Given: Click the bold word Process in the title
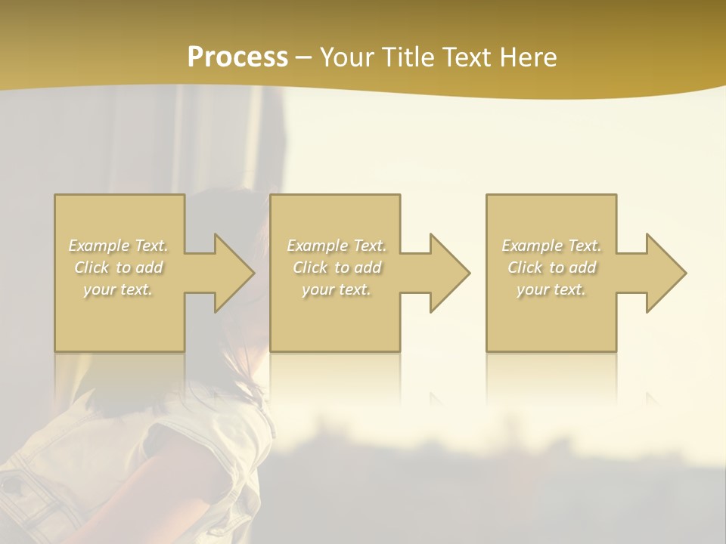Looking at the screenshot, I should pos(237,57).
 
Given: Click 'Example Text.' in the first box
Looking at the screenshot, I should pos(119,246).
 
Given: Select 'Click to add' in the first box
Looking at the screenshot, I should pos(119,267).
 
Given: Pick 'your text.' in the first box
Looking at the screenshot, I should pos(119,289).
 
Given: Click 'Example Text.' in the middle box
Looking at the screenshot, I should pos(337,246).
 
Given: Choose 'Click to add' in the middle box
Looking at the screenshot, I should pos(337,267).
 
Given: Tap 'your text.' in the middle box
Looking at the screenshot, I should pos(337,289).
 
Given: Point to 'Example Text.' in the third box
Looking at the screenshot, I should pos(551,246).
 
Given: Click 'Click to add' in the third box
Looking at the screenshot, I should pos(551,267).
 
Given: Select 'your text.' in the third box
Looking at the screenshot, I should pos(551,289).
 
